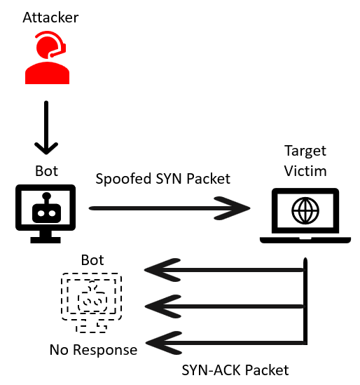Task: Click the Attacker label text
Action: point(50,18)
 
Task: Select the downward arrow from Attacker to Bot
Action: point(46,127)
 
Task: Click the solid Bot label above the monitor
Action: point(47,171)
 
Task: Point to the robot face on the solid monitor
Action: point(47,210)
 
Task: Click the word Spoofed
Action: point(123,179)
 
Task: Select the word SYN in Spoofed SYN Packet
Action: point(169,179)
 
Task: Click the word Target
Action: point(305,151)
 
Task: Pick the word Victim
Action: point(305,171)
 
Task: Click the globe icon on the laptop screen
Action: point(305,210)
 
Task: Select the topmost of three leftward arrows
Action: point(225,270)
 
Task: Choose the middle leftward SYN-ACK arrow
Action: point(225,306)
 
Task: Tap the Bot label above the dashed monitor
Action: point(92,260)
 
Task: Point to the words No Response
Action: point(93,350)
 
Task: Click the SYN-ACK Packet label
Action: point(235,370)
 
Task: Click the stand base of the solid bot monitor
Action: point(46,240)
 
